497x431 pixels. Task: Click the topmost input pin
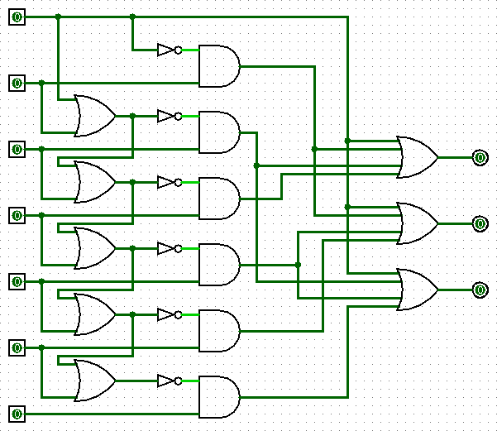[17, 17]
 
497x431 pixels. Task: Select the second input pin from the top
[17, 83]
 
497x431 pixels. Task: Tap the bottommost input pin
[17, 414]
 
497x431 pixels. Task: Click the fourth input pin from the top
[17, 215]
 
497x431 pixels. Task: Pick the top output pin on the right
[480, 157]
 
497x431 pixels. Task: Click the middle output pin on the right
[480, 223]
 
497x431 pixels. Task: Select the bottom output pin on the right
[480, 290]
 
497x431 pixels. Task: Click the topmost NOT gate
[168, 50]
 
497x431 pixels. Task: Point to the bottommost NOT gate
[168, 381]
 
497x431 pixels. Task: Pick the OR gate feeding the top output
[418, 157]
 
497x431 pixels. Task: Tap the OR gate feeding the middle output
[418, 223]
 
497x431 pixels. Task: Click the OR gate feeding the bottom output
[418, 290]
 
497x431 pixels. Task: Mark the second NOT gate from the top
[168, 116]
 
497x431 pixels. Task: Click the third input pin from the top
[17, 149]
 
